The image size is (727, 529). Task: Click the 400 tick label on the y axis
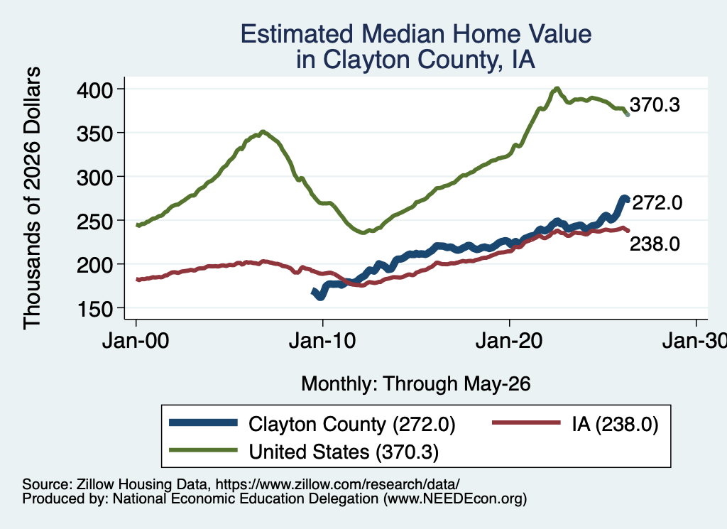[x=94, y=89]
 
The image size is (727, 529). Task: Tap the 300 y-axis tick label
[x=94, y=177]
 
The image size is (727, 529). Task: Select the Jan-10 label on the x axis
[x=322, y=342]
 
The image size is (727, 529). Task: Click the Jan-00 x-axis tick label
[x=136, y=342]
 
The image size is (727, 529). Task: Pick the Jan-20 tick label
[x=509, y=342]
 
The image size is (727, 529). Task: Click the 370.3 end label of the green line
[x=655, y=105]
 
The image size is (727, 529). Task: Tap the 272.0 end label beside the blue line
[x=657, y=202]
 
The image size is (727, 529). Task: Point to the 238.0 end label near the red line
[x=655, y=244]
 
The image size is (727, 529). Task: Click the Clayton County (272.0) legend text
[x=352, y=424]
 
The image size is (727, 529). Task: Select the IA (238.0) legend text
[x=615, y=424]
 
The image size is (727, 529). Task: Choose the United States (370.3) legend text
[x=344, y=452]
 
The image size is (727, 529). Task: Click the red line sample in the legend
[x=526, y=422]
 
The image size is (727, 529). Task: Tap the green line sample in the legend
[x=203, y=449]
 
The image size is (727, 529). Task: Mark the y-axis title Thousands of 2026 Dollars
[x=32, y=198]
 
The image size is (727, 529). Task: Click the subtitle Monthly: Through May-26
[x=416, y=384]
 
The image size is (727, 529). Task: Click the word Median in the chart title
[x=403, y=34]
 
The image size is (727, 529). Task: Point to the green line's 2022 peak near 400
[x=557, y=89]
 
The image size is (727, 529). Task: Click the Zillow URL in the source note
[x=337, y=484]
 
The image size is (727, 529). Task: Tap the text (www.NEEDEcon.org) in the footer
[x=455, y=499]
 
